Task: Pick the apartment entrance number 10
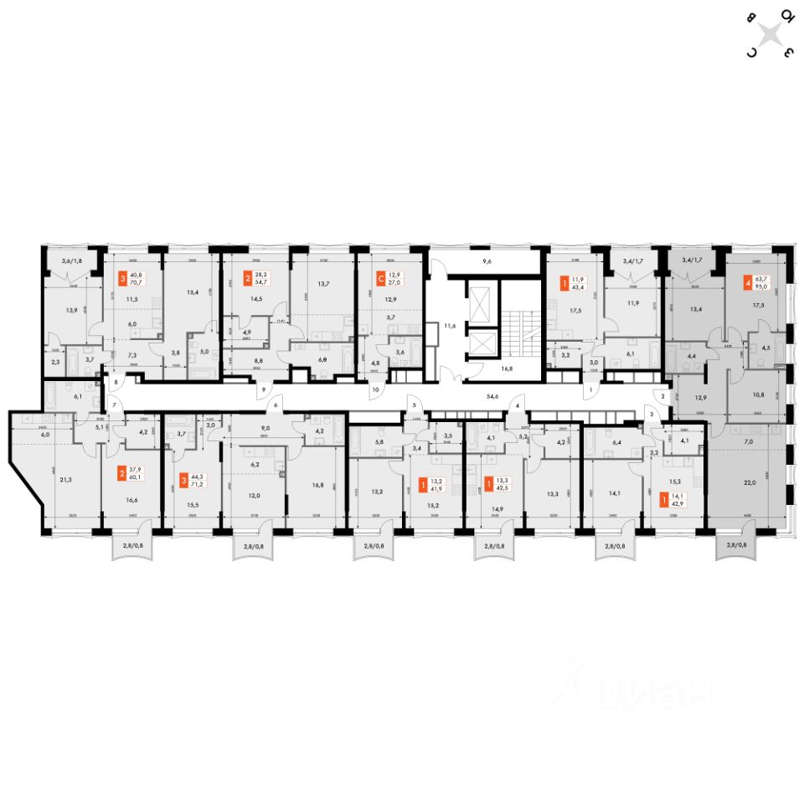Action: coord(375,389)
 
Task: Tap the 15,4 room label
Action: coord(193,291)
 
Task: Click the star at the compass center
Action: coord(770,33)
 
